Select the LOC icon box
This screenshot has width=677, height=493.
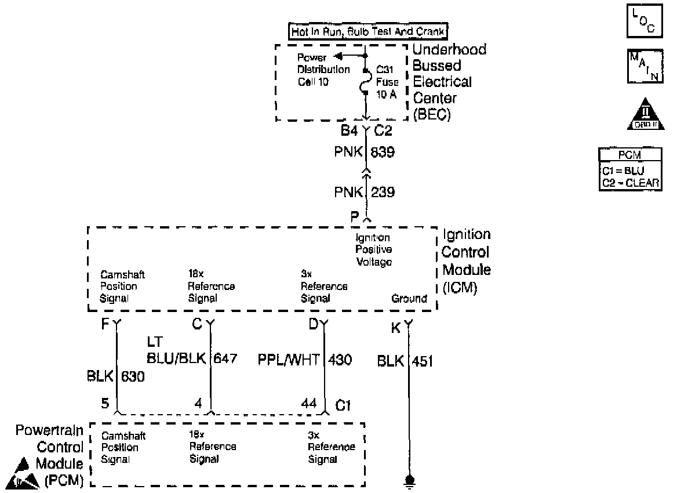click(x=644, y=20)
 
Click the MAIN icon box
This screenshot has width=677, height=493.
click(x=644, y=67)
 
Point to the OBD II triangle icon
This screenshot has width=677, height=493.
click(x=644, y=117)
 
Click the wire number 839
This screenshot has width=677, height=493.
click(x=382, y=152)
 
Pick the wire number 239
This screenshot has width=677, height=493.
click(x=382, y=192)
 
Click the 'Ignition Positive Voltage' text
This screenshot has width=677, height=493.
click(x=373, y=250)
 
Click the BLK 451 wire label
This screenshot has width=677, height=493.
click(x=405, y=361)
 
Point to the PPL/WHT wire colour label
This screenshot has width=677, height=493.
click(x=289, y=360)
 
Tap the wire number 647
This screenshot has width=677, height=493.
click(x=225, y=358)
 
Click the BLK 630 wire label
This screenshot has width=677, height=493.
click(x=115, y=377)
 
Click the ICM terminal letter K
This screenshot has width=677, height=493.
click(x=396, y=328)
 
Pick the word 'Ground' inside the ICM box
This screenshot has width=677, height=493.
click(x=409, y=299)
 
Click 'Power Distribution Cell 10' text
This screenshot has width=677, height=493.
click(x=323, y=70)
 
